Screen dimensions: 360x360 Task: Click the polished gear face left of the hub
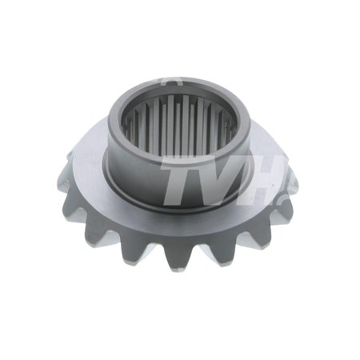pos(88,160)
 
